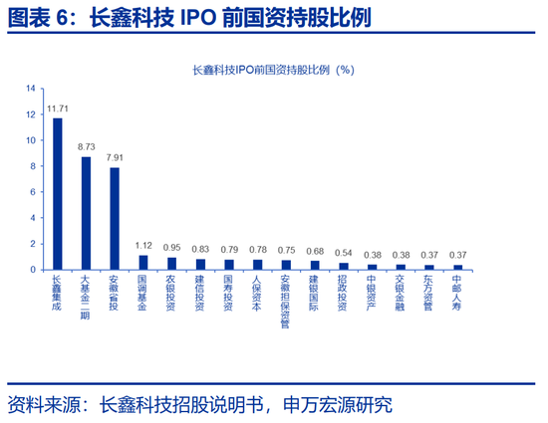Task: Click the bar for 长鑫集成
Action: [x=58, y=194]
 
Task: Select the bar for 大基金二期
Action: [x=86, y=213]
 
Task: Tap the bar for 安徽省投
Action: [x=115, y=219]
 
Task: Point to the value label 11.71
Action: [x=58, y=108]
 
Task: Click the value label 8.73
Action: [x=87, y=147]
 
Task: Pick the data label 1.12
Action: [x=143, y=246]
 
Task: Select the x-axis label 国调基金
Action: [x=142, y=294]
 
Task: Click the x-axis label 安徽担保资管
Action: [x=286, y=302]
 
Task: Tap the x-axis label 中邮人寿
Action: [x=456, y=293]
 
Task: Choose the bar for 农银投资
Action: [x=171, y=264]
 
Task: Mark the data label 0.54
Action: [x=343, y=253]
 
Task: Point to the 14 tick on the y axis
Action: [x=31, y=89]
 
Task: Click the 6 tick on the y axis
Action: [x=33, y=192]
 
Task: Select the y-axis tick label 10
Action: [x=31, y=140]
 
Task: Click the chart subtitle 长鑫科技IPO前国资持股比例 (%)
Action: [x=274, y=70]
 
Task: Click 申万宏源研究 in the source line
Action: [x=338, y=405]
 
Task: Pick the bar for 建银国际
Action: [x=315, y=266]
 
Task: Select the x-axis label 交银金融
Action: [x=400, y=293]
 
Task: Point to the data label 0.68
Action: [x=315, y=251]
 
